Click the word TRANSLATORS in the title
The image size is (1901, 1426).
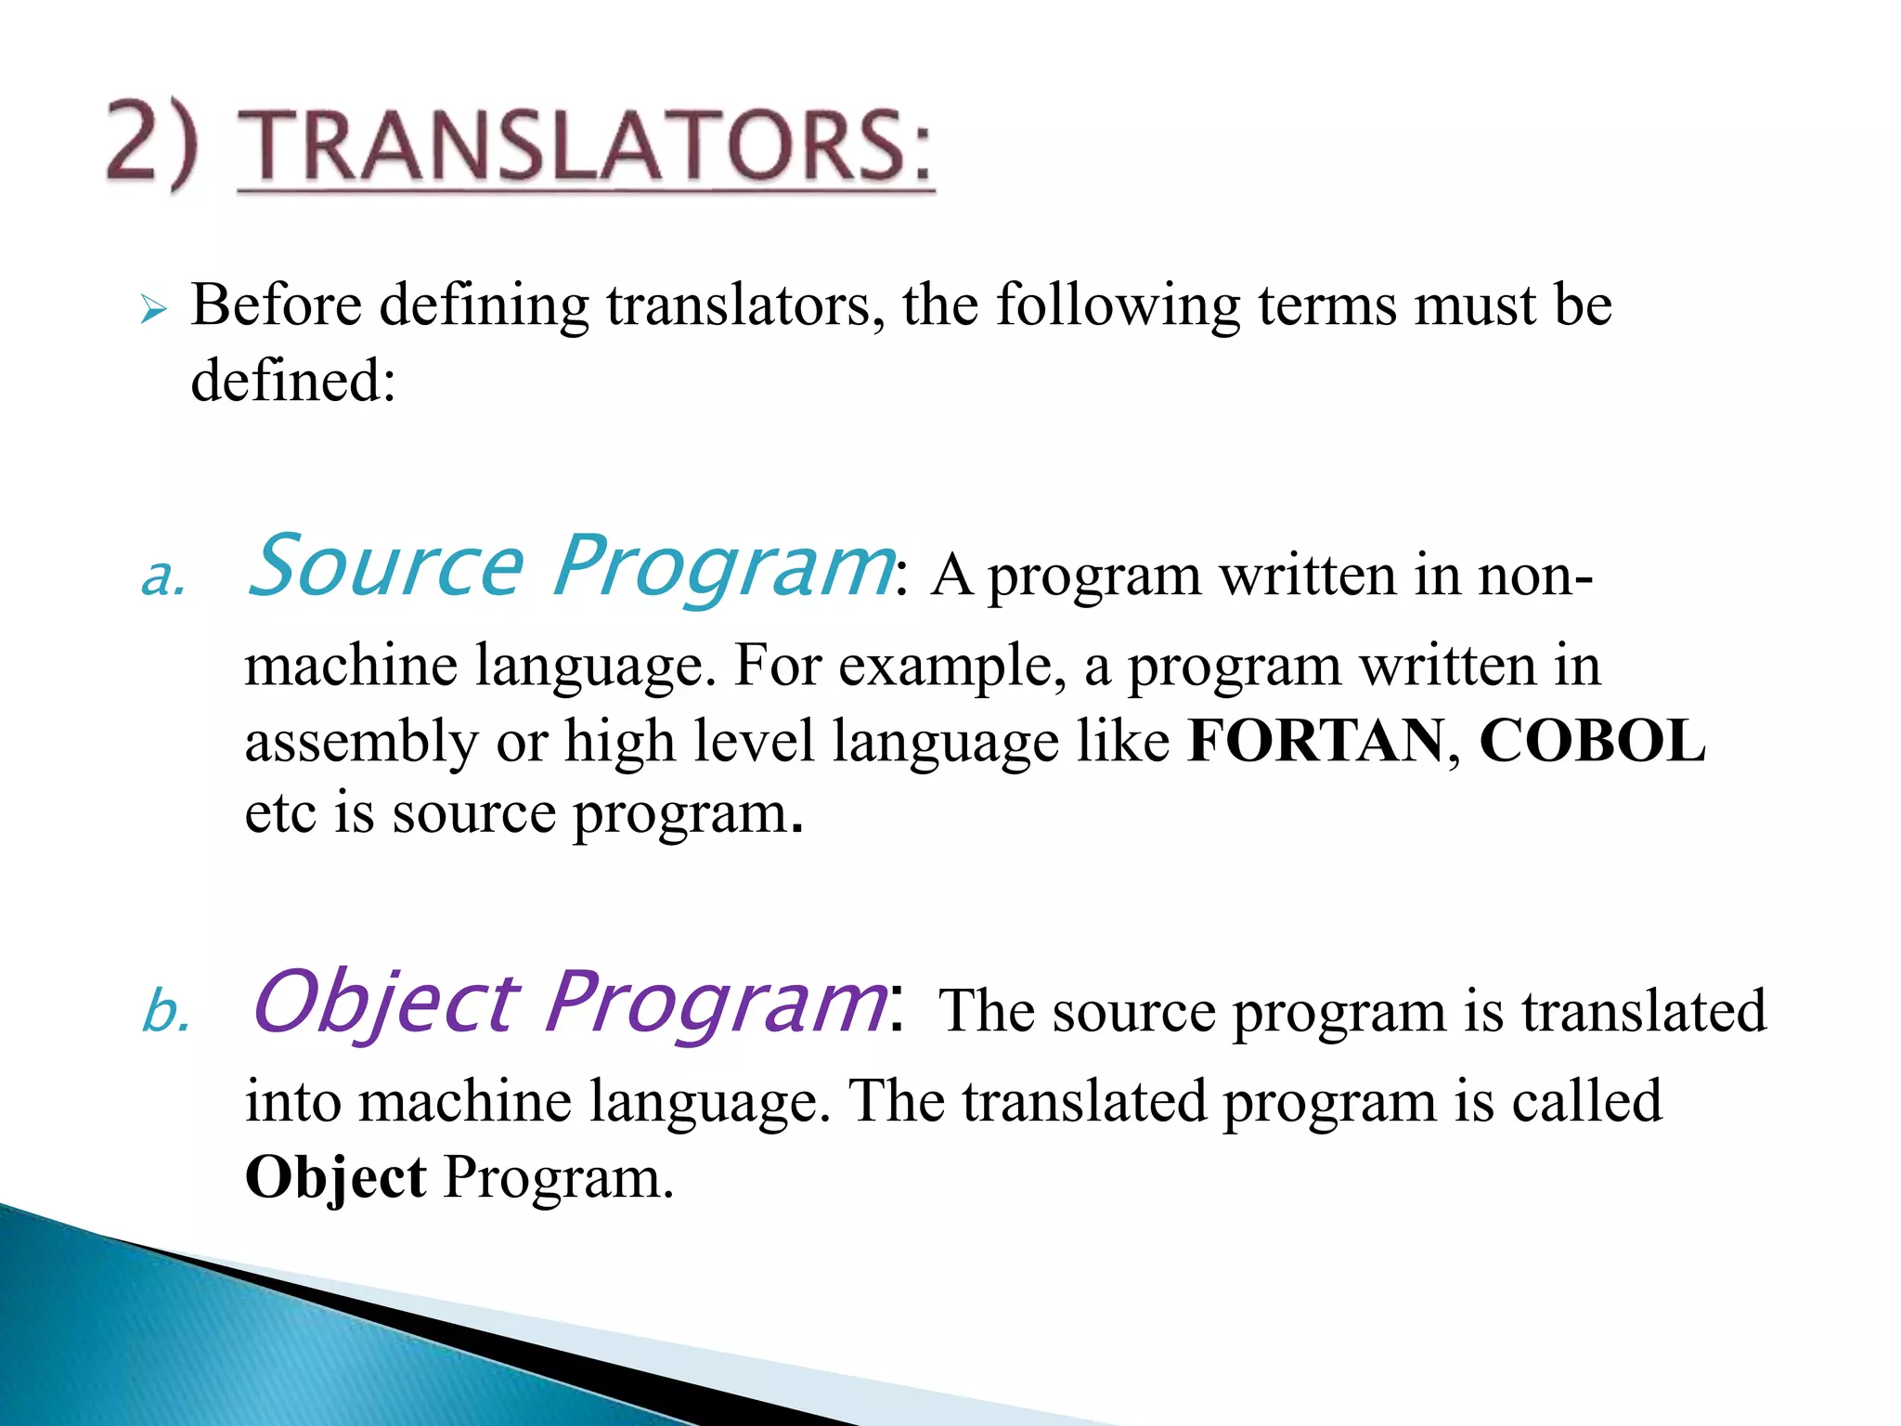pos(585,147)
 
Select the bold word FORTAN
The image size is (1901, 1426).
pos(1315,742)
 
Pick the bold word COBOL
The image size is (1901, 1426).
pos(1591,742)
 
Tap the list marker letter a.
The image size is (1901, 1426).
pos(163,577)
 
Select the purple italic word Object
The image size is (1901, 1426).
pos(384,1003)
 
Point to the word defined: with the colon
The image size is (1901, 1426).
pos(293,381)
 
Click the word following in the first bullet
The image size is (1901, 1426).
pos(1118,306)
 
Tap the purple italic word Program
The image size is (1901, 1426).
pos(715,1003)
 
